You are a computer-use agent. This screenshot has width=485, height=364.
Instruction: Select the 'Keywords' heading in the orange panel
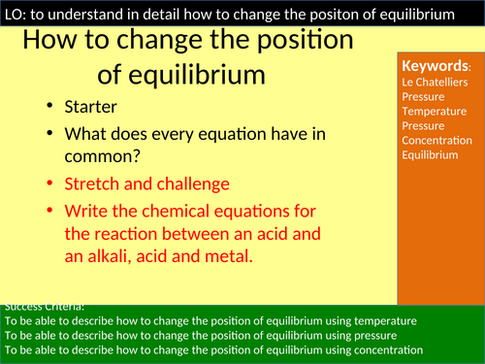436,66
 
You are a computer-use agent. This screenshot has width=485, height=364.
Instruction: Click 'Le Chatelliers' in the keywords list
434,83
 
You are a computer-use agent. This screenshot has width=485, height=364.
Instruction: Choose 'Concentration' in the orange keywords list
436,140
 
